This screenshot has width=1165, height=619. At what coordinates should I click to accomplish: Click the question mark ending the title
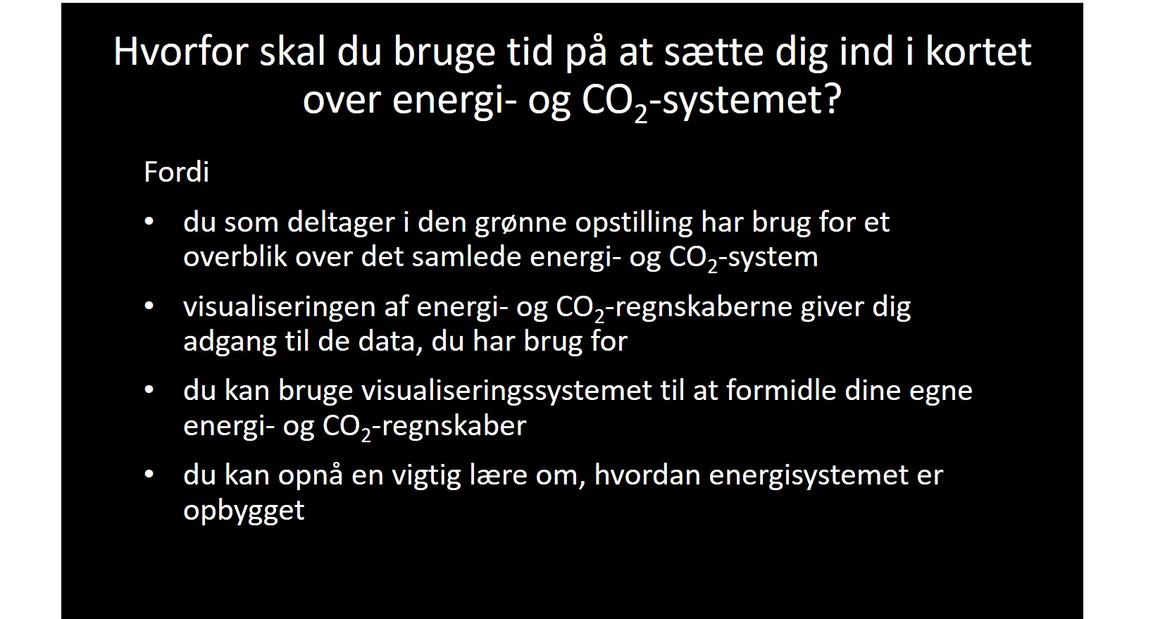click(833, 100)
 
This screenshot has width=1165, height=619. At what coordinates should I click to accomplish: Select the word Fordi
click(176, 173)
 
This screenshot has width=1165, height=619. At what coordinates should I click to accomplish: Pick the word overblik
click(235, 257)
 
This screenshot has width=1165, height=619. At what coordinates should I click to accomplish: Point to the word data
click(391, 342)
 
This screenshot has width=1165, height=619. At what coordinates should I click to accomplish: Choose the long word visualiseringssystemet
click(507, 391)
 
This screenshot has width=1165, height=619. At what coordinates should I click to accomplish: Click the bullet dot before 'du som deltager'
click(149, 222)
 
